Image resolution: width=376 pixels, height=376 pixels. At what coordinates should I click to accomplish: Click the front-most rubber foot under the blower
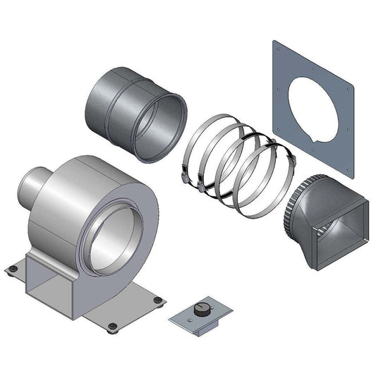pyautogui.click(x=111, y=326)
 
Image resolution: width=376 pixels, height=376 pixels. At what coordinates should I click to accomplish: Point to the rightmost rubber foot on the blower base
pyautogui.click(x=159, y=301)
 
